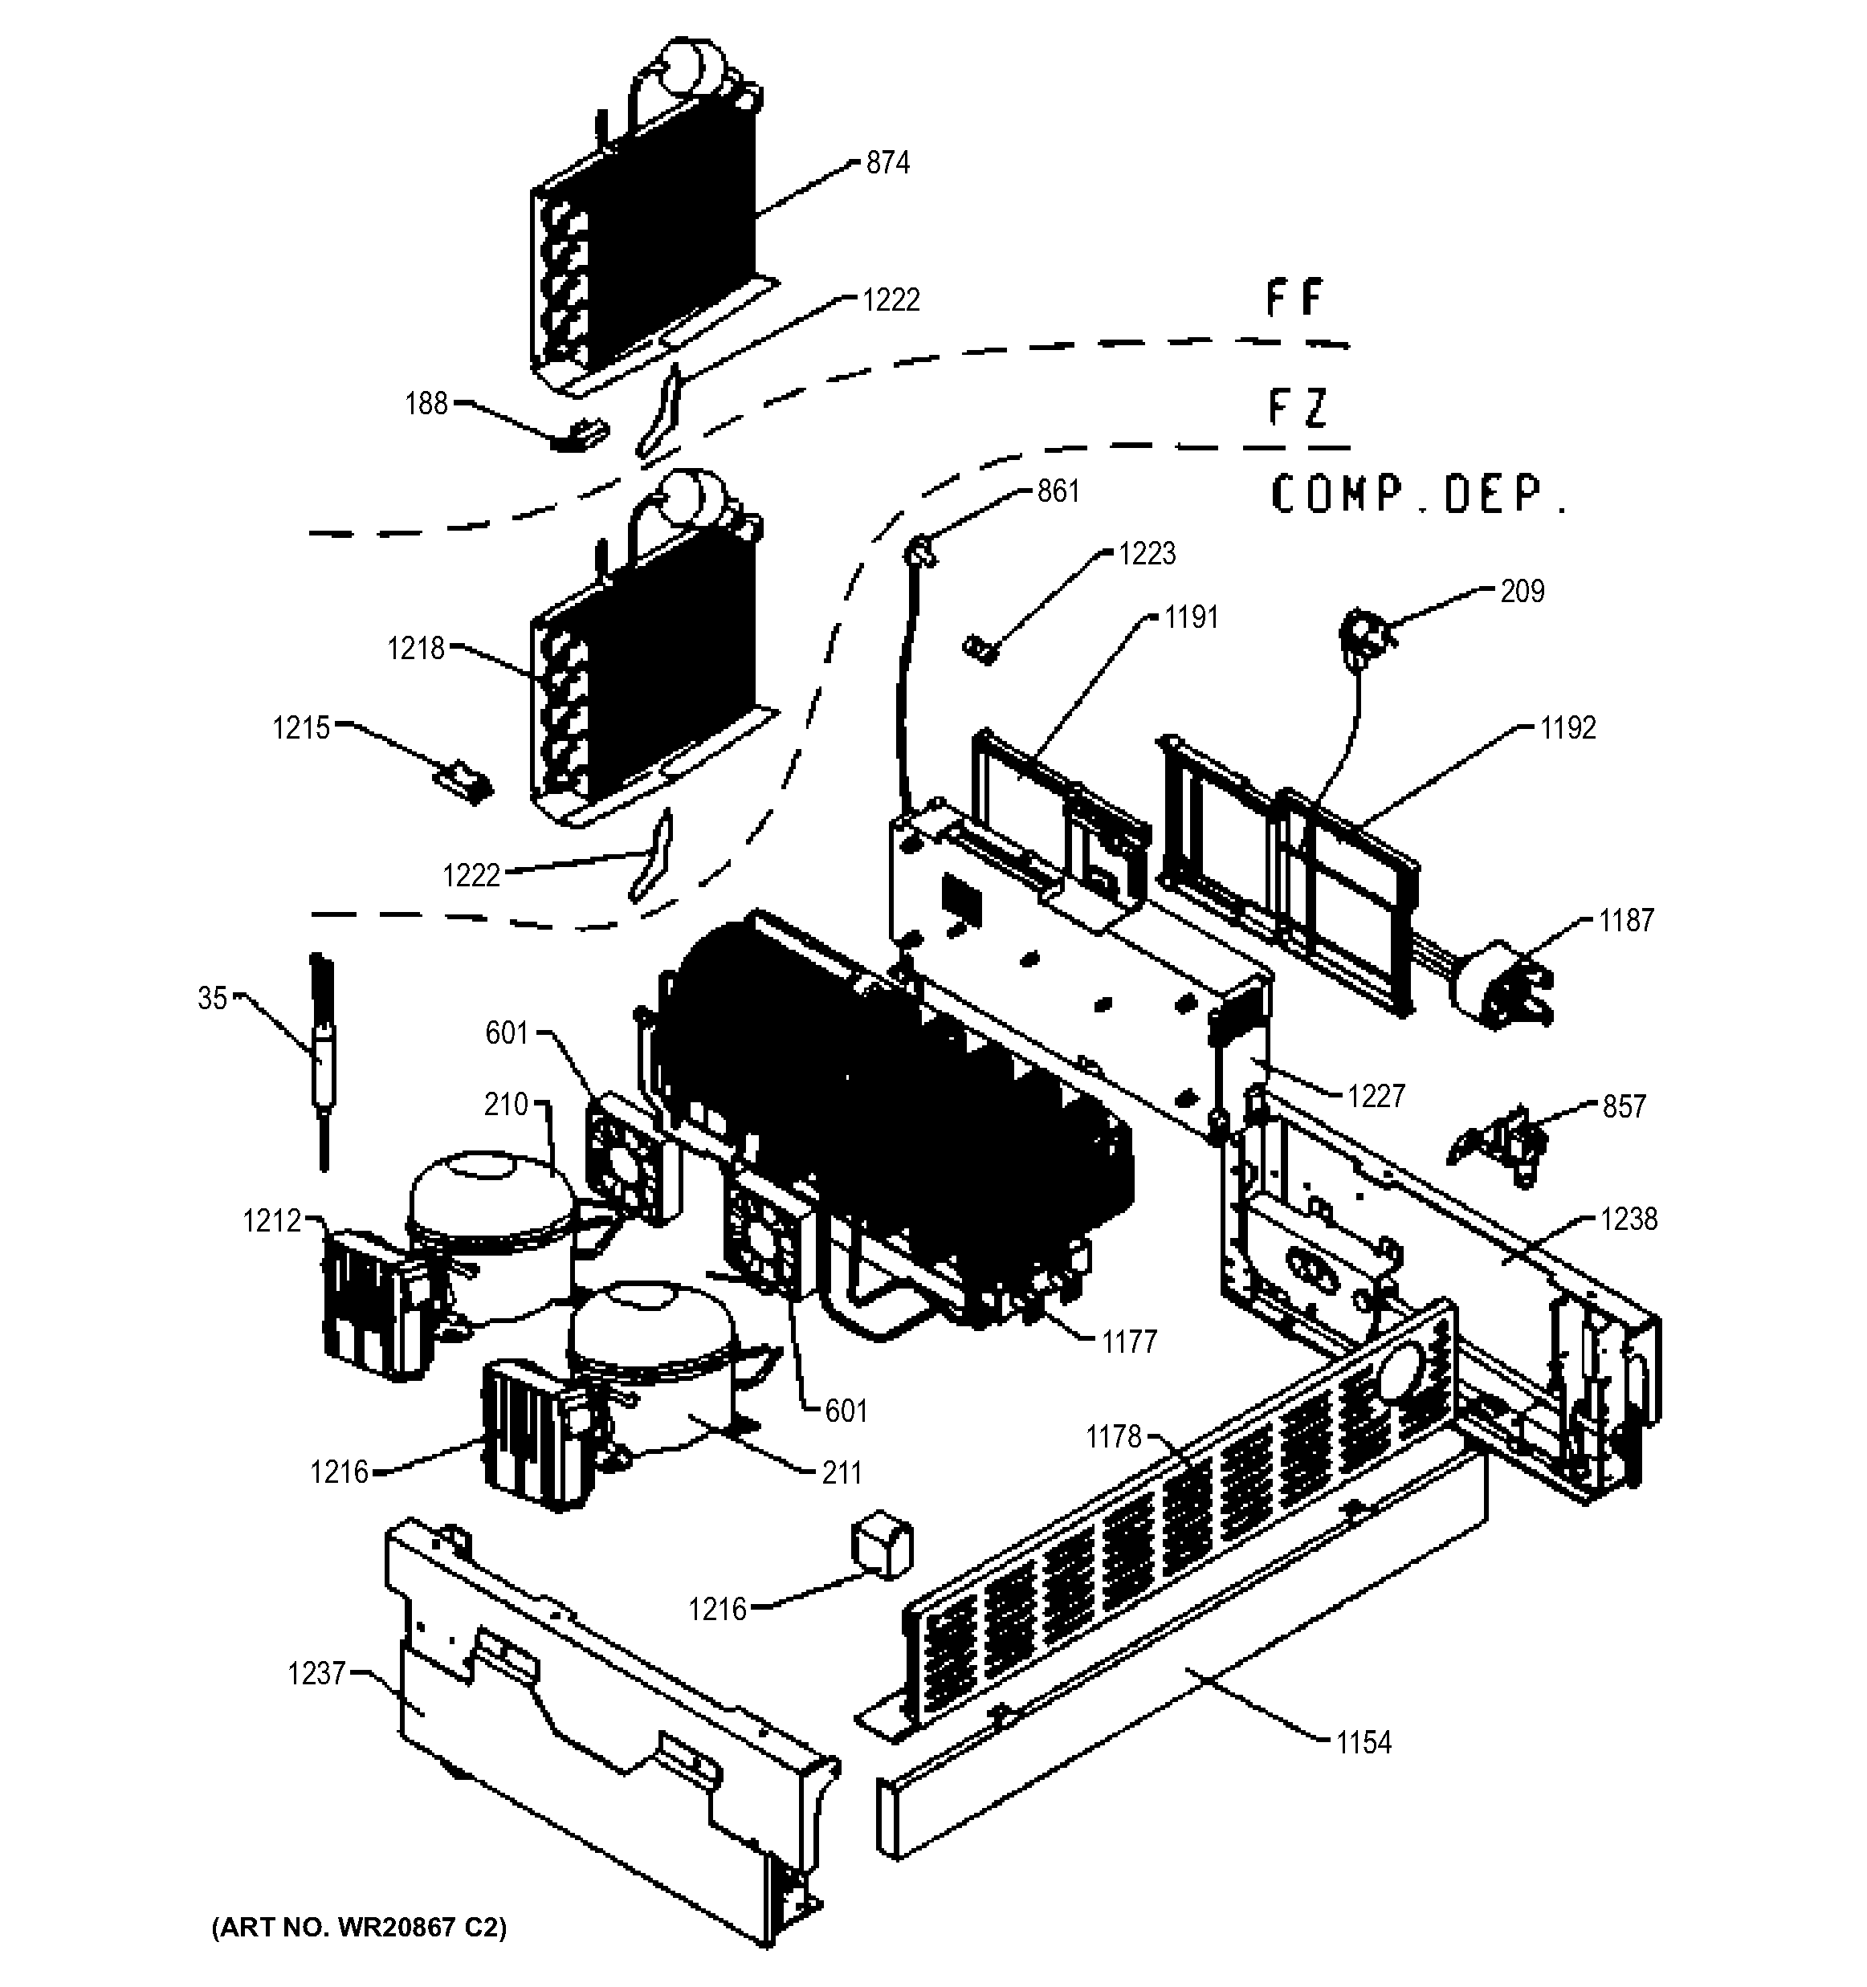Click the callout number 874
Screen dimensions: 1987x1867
tap(887, 163)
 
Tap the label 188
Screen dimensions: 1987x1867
tap(426, 404)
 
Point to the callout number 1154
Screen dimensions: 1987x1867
tap(1364, 1743)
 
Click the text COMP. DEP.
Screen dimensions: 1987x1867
tap(1417, 495)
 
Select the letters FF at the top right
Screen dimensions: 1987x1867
tap(1294, 299)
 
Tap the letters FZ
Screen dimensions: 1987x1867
tap(1298, 407)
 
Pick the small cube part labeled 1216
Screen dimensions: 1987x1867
tap(881, 1547)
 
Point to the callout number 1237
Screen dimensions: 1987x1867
tap(316, 1673)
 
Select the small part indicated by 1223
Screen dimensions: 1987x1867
tap(980, 649)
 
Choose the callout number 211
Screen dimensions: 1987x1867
tap(841, 1472)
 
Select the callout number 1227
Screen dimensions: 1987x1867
tap(1376, 1097)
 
